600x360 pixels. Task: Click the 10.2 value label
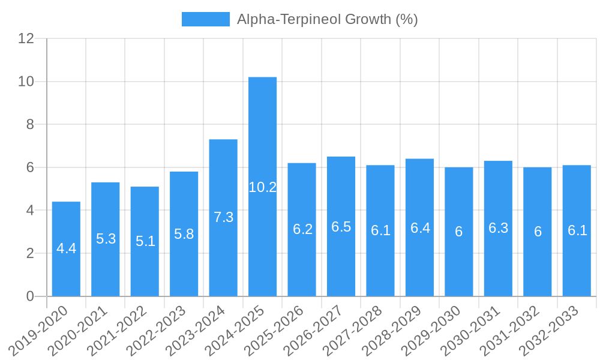click(x=262, y=187)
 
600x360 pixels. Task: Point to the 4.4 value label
click(x=66, y=248)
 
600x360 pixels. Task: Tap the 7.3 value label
click(x=223, y=217)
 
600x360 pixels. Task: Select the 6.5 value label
click(x=341, y=227)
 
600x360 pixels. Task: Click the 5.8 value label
click(x=184, y=234)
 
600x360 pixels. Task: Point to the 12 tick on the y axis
click(x=26, y=38)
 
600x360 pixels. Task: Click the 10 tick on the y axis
click(x=26, y=82)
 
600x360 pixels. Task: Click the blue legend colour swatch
click(x=205, y=19)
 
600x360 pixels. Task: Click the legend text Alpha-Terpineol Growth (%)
click(x=327, y=19)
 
